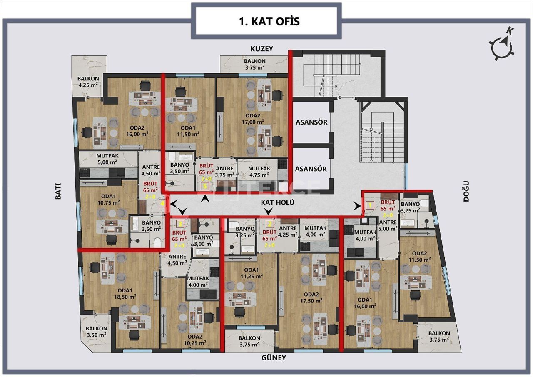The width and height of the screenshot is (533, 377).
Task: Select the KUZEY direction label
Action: [x=262, y=49]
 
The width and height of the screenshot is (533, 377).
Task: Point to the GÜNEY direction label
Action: [x=274, y=357]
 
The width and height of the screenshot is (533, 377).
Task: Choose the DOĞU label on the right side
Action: [x=466, y=191]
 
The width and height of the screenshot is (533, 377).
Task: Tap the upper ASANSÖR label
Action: [x=311, y=122]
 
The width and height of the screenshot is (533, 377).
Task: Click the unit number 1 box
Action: [x=369, y=205]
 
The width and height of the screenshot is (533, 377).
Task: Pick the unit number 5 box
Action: [x=204, y=187]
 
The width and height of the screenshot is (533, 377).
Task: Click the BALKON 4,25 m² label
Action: [x=88, y=82]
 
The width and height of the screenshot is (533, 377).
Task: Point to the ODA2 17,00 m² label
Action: [x=253, y=119]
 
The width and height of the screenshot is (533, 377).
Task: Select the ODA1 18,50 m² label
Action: [x=125, y=294]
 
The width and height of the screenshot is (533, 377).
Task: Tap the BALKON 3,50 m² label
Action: [x=97, y=331]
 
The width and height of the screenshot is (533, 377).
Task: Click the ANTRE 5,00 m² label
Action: [x=387, y=225]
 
